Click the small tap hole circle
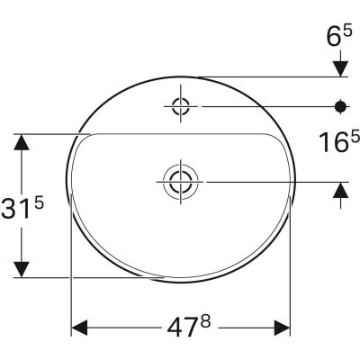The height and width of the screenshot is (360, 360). (x=180, y=108)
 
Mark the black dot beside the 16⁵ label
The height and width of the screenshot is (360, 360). (x=341, y=108)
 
